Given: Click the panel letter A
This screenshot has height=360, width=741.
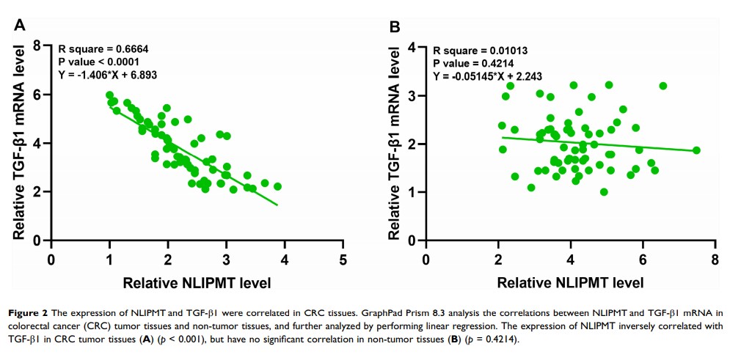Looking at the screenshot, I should (21, 26).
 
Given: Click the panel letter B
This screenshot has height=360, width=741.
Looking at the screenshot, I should (395, 26).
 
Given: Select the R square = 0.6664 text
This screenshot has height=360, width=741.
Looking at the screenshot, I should (103, 50).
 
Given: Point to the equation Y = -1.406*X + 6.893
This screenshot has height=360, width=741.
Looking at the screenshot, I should (108, 75).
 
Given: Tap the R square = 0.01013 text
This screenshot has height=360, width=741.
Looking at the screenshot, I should (480, 51).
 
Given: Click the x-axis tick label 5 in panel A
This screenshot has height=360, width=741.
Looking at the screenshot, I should (343, 260).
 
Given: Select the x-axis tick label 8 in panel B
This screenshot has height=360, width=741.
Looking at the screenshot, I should (715, 260).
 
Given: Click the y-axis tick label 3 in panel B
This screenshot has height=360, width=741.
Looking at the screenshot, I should (412, 96).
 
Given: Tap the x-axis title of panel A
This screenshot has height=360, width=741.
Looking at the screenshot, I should (197, 282).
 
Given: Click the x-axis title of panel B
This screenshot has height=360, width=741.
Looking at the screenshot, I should (570, 282).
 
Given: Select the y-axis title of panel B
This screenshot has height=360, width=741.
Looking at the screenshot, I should (395, 144).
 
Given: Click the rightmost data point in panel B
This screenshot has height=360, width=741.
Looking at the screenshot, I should (696, 150).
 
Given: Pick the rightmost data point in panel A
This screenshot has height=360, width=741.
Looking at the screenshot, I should (277, 186).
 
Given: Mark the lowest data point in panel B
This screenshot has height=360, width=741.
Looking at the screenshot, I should (604, 192).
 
